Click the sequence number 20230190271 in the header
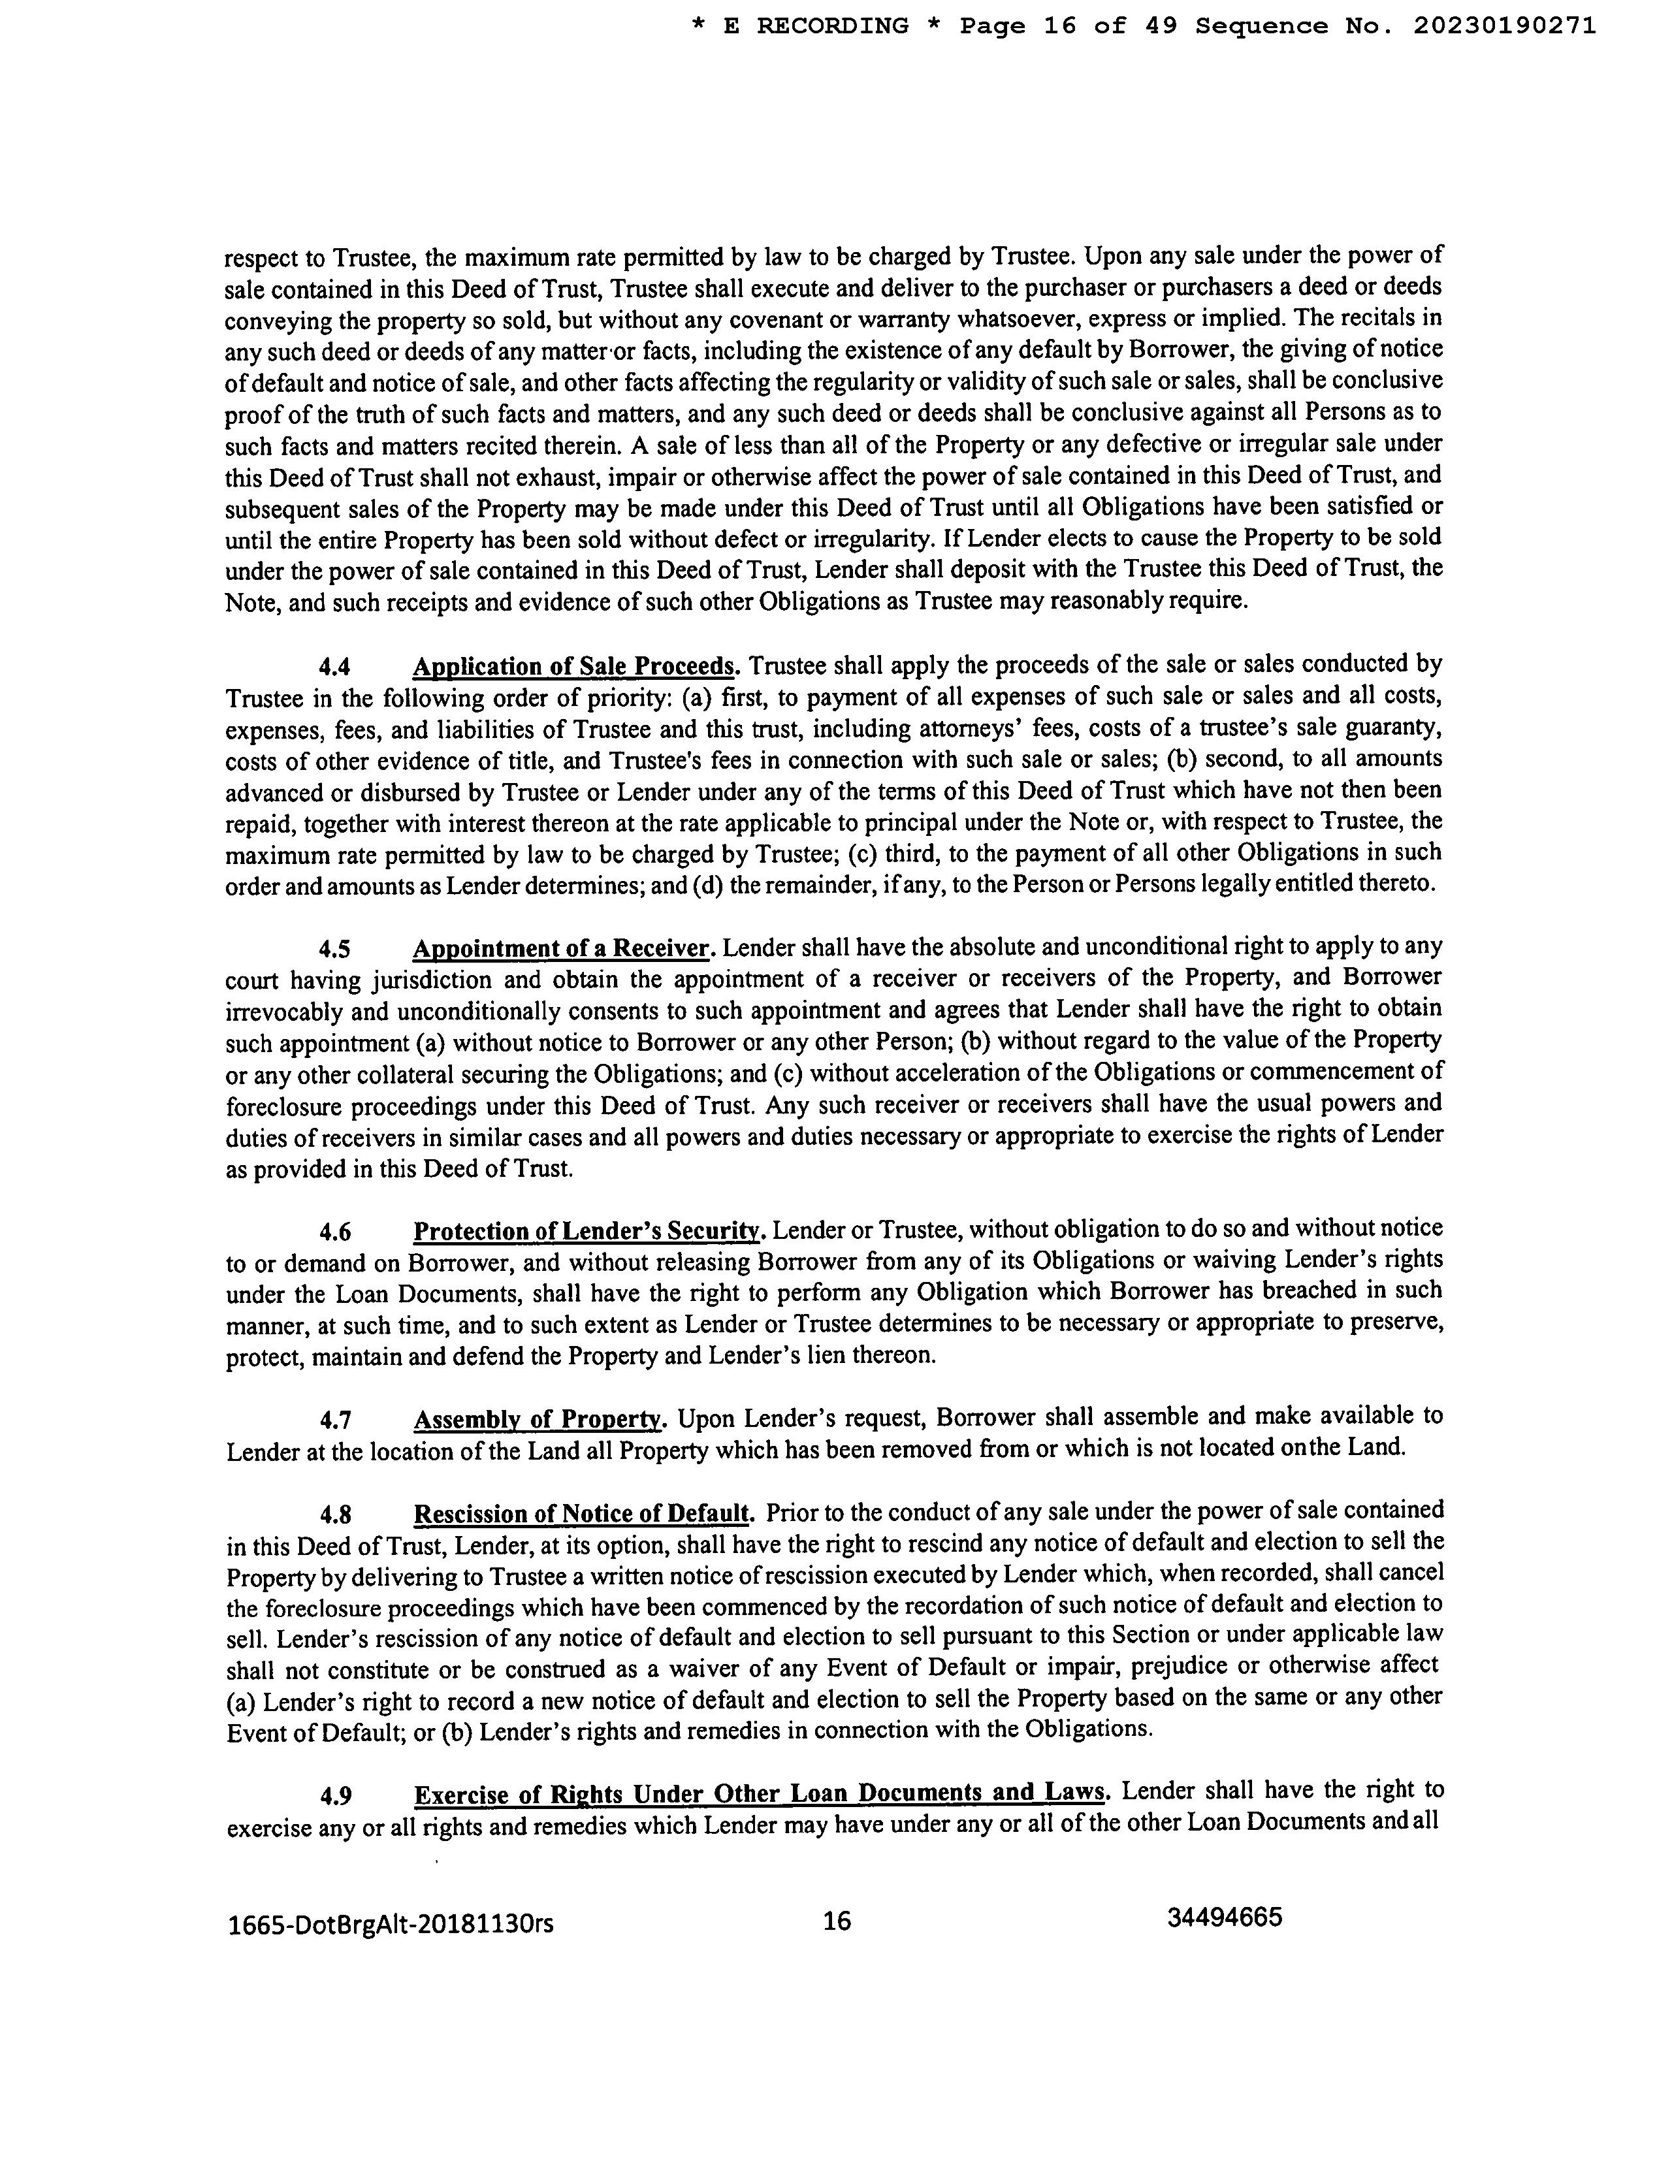[1503, 25]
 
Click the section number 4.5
[336, 950]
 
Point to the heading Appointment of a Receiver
[562, 949]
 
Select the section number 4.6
[336, 1232]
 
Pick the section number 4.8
[336, 1515]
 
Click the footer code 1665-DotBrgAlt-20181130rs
[391, 1925]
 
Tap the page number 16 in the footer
[837, 1921]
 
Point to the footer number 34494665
[1225, 1918]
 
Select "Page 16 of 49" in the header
[1069, 25]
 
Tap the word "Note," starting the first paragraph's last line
[251, 602]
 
